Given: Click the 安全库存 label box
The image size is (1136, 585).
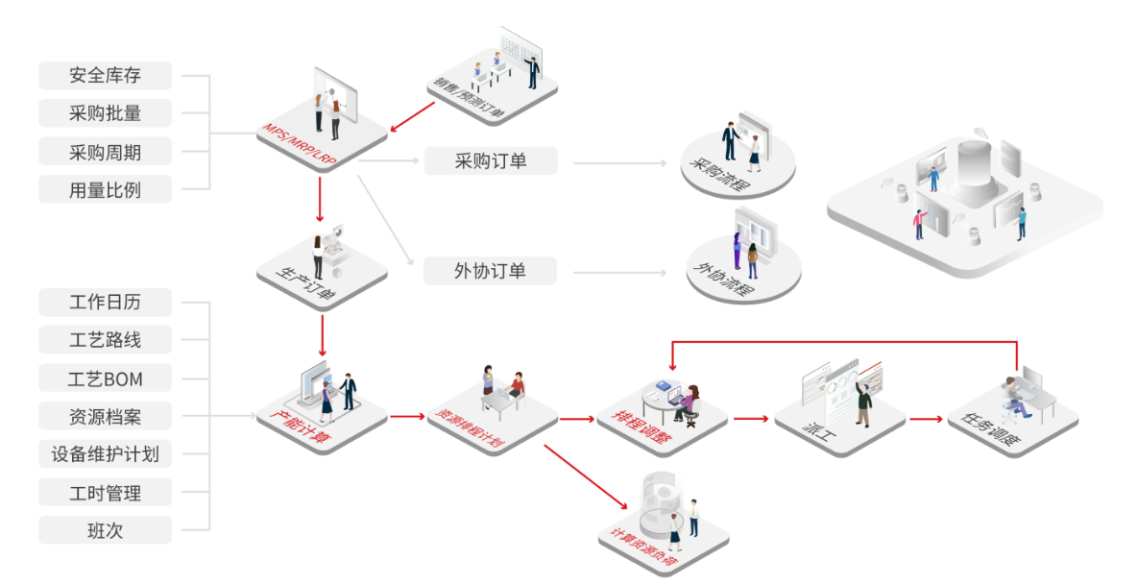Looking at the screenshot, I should point(105,76).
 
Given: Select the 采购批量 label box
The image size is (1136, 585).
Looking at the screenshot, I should point(105,113).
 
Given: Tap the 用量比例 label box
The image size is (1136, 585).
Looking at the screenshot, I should point(105,189).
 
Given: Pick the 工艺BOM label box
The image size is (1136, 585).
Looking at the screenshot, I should point(105,378).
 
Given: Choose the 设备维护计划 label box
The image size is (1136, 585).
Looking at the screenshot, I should point(105,454).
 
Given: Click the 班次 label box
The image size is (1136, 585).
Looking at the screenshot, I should point(105,529).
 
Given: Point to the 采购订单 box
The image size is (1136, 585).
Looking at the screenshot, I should point(490,161).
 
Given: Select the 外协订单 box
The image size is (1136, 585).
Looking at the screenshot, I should point(490,272).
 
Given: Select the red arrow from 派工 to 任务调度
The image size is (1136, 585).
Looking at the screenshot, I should point(927,419).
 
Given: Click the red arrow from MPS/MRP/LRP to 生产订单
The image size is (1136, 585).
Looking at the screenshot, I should point(321,205).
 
